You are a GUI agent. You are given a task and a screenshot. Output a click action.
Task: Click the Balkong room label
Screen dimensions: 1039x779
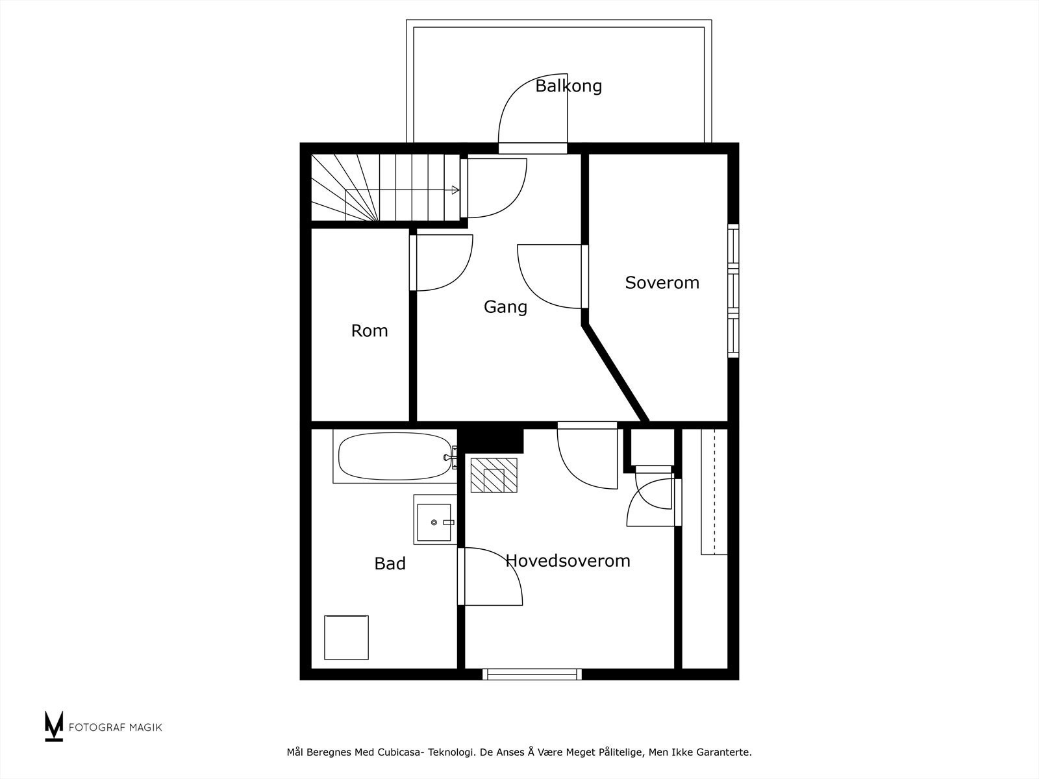[568, 86]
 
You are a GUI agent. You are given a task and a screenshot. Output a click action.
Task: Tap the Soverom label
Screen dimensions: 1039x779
[662, 282]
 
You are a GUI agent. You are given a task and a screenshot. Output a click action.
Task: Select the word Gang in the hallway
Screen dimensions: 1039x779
[505, 307]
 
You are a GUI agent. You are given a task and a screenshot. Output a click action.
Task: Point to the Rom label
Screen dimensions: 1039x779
[369, 330]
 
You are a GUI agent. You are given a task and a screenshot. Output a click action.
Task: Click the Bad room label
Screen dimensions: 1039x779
[390, 563]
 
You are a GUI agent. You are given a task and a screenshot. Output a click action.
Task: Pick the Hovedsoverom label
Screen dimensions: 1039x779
[568, 561]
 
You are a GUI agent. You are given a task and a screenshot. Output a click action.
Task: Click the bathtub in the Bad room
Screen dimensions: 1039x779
[395, 456]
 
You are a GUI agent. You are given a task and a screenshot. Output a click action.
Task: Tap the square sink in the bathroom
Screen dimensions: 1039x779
[434, 520]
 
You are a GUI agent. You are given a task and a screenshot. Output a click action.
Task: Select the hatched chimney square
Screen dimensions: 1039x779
[494, 475]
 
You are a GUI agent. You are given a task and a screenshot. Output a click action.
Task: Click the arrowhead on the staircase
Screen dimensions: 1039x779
[456, 190]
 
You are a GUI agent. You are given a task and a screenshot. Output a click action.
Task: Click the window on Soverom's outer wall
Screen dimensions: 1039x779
[733, 290]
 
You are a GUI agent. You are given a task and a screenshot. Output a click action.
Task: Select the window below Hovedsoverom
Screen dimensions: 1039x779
[532, 674]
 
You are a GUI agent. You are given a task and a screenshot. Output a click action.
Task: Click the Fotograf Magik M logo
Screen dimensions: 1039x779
[53, 726]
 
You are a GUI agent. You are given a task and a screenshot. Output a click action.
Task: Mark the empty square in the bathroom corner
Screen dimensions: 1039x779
[347, 637]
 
